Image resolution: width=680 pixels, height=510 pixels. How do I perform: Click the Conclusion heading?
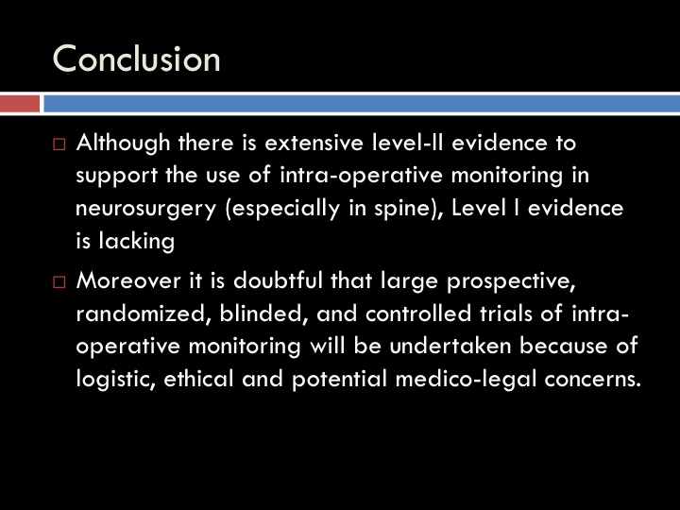136,59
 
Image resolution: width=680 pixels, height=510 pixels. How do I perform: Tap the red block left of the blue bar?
20,104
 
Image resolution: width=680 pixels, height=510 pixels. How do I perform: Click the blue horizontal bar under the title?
362,104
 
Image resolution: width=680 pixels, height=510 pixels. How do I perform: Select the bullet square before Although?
59,144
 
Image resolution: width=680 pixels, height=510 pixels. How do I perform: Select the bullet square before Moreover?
59,281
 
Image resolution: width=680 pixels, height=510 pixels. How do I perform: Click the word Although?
123,144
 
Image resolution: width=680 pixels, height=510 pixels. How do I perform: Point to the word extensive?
314,144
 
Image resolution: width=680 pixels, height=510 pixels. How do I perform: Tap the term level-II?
408,143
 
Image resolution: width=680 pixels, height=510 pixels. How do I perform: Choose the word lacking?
137,241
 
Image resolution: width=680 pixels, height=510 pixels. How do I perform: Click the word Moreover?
128,281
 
